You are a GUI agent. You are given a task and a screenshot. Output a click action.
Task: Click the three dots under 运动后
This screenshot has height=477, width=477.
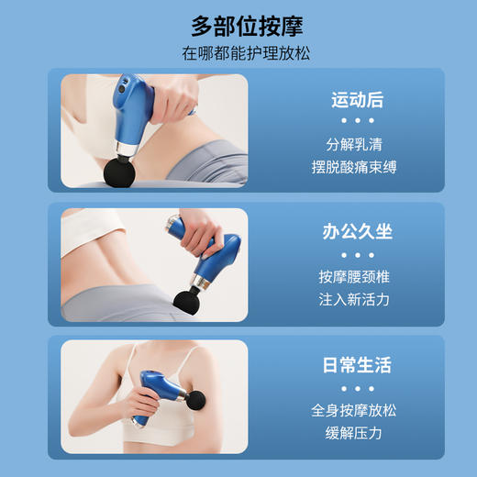click(x=358, y=121)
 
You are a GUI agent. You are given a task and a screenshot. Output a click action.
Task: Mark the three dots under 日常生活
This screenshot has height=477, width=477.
click(x=358, y=387)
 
